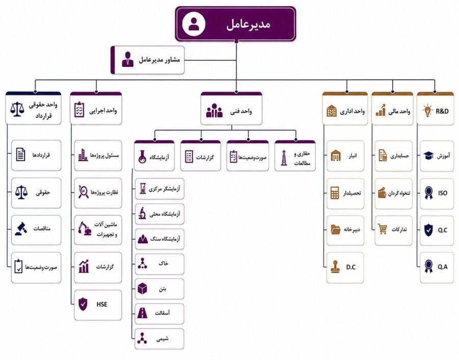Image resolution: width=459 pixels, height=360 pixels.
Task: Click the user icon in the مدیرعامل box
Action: click(x=194, y=24)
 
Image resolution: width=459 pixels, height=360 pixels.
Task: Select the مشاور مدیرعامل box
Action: click(x=148, y=60)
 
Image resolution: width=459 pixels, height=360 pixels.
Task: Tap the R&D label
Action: click(x=442, y=111)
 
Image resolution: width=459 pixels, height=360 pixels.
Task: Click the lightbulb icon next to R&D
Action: click(x=427, y=111)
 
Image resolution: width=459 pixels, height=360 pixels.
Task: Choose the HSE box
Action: click(x=98, y=305)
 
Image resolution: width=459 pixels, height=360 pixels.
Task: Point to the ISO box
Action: click(x=437, y=194)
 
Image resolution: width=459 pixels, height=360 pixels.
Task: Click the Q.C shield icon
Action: click(x=428, y=230)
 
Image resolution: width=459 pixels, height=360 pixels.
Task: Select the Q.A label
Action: click(x=443, y=267)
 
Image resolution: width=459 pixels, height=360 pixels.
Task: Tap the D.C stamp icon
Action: click(x=335, y=267)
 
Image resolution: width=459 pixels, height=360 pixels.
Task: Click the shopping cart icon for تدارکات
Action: click(x=382, y=229)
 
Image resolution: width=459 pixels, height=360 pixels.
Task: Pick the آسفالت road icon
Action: click(x=142, y=313)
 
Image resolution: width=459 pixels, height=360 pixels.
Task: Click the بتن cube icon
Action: click(x=142, y=289)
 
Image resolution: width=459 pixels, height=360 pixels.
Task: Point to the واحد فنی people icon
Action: click(x=214, y=111)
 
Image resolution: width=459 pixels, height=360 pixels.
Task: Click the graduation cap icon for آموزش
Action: click(x=428, y=156)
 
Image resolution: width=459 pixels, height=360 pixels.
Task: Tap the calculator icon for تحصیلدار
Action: click(x=335, y=193)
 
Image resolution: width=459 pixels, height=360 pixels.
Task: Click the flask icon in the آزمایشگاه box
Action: click(x=142, y=157)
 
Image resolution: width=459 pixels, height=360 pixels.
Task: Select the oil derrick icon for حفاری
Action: click(x=283, y=158)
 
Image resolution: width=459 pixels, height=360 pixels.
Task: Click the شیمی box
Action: click(x=159, y=339)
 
